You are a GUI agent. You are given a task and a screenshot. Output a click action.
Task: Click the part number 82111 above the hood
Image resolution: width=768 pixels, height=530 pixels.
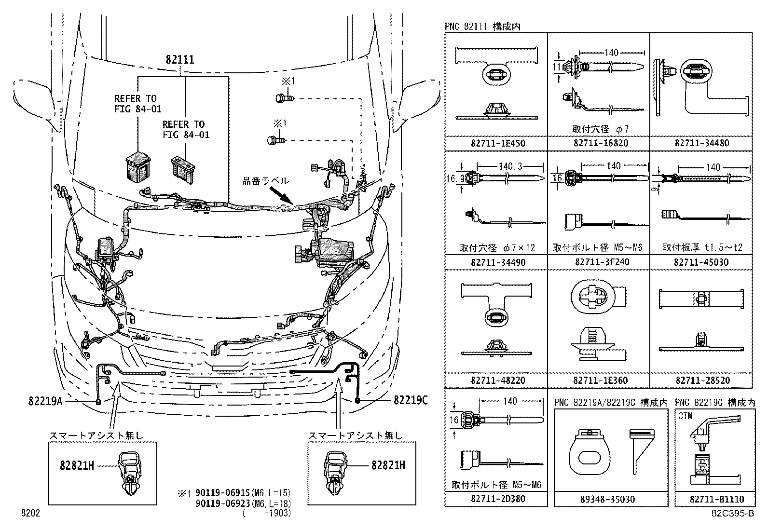(x=179, y=60)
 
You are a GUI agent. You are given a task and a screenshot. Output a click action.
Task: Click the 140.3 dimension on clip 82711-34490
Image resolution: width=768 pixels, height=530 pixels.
(x=511, y=167)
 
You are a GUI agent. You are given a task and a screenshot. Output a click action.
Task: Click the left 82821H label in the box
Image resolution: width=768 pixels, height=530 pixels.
(x=77, y=465)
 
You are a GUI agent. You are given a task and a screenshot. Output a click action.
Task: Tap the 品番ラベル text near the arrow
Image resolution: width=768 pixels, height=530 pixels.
(x=265, y=181)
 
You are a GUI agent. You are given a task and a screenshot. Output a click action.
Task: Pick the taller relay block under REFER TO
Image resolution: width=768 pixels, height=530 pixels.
(x=136, y=167)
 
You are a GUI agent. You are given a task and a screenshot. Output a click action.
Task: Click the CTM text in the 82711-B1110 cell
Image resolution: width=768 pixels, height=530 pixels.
(x=685, y=416)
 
